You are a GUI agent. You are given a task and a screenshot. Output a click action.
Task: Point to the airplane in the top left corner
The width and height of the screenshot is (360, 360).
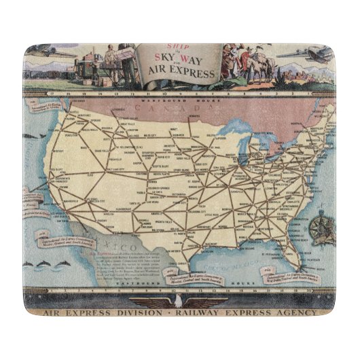point(51,53)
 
